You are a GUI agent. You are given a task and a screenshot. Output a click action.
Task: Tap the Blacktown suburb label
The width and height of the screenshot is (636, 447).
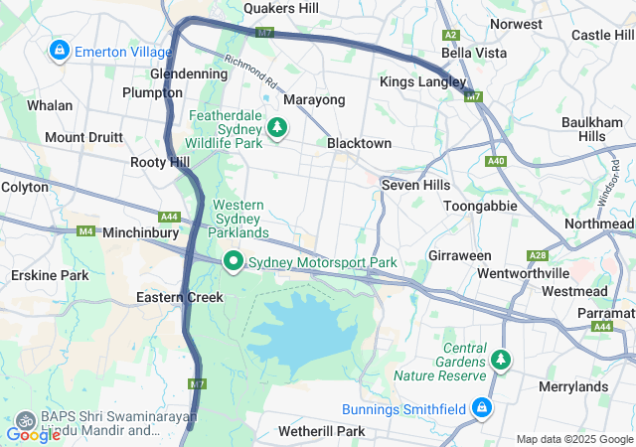359,143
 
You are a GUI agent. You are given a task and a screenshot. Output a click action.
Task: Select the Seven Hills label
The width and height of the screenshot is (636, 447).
415,185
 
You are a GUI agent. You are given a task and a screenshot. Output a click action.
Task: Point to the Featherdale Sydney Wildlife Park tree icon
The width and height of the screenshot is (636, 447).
276,126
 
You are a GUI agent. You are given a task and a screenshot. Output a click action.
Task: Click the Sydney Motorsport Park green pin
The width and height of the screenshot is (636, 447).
234,262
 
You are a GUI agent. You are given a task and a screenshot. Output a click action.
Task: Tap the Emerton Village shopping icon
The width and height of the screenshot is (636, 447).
60,49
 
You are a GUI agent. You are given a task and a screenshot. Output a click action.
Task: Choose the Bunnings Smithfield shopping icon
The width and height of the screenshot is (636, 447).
482,408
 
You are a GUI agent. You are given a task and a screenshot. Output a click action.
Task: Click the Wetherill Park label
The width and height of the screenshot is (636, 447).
321,431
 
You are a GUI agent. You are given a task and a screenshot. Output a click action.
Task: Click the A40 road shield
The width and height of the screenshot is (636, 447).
496,161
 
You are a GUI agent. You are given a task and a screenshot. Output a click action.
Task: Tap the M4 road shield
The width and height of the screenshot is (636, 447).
85,231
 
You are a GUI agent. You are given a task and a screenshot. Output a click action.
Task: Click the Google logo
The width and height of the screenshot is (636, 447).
33,434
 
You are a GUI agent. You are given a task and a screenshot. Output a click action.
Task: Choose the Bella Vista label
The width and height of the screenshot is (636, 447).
474,53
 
